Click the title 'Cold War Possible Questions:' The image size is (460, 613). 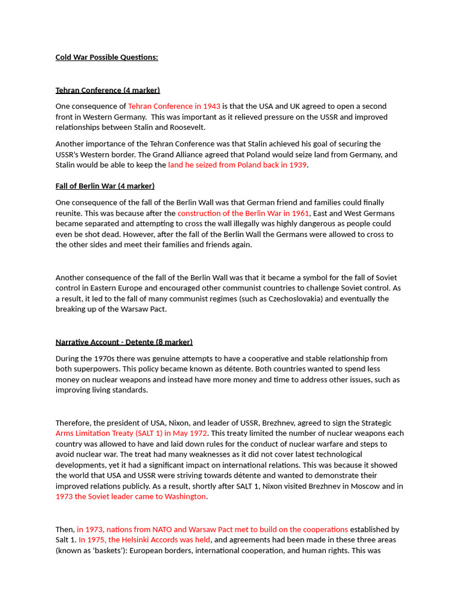pyautogui.click(x=107, y=57)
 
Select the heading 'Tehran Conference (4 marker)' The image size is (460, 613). pyautogui.click(x=108, y=90)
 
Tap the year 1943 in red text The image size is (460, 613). pyautogui.click(x=211, y=106)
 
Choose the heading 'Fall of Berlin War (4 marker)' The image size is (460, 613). pyautogui.click(x=105, y=186)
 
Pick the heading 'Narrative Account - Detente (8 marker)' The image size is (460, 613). pyautogui.click(x=124, y=342)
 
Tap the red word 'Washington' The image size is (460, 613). pyautogui.click(x=179, y=497)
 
